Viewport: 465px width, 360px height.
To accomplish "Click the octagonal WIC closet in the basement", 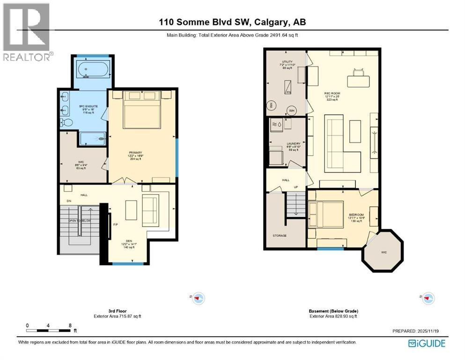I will (384, 250).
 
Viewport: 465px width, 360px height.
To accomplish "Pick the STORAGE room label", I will (280, 235).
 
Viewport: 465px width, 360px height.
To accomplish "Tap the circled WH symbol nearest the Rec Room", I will (291, 111).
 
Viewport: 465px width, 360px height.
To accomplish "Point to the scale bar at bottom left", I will (49, 330).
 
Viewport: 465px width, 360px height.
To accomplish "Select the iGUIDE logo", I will (427, 344).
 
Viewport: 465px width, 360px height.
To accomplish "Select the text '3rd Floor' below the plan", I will (104, 311).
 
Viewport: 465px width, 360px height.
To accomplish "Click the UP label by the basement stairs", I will (296, 187).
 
